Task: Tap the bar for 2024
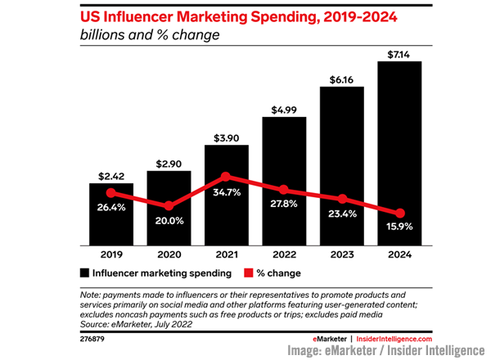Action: [399, 155]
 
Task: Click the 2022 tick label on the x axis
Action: [284, 255]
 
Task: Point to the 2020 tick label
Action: [169, 255]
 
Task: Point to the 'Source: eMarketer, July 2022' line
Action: [138, 324]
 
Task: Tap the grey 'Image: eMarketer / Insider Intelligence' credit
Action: [385, 350]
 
